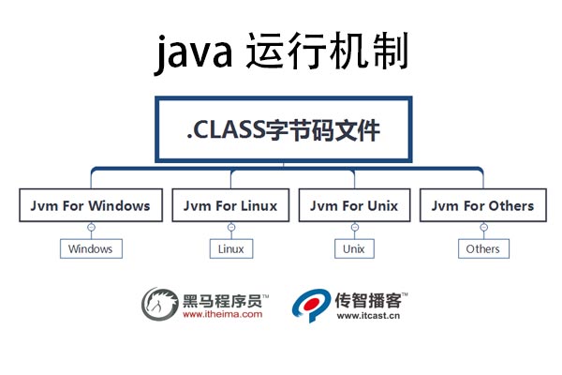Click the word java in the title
[x=193, y=53]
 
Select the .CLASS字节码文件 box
[x=283, y=129]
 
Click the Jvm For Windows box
[x=91, y=206]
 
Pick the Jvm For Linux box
[x=230, y=206]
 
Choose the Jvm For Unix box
[x=353, y=206]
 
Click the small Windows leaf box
[x=91, y=248]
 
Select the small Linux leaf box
[x=230, y=248]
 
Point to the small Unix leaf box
[x=353, y=248]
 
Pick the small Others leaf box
[x=483, y=248]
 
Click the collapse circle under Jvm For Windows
[x=91, y=228]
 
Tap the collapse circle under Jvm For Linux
[x=230, y=228]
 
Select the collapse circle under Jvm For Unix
[x=353, y=228]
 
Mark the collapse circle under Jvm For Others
[x=483, y=228]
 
